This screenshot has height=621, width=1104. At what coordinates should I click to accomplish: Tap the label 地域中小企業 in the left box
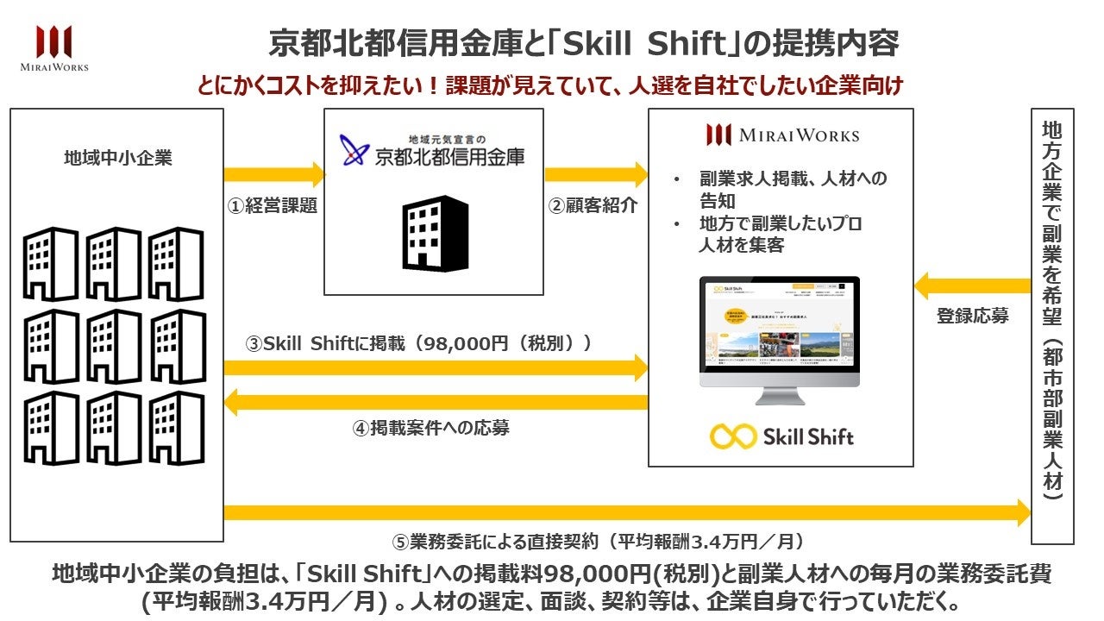pyautogui.click(x=117, y=158)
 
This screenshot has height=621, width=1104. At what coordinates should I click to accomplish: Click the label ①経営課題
pyautogui.click(x=272, y=206)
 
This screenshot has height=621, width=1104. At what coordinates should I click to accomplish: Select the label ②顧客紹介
pyautogui.click(x=595, y=206)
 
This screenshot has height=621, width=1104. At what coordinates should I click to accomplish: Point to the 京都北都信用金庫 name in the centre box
pyautogui.click(x=448, y=156)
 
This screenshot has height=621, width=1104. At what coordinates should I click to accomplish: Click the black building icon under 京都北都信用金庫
pyautogui.click(x=435, y=233)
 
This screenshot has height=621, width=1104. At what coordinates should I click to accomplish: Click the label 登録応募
pyautogui.click(x=973, y=316)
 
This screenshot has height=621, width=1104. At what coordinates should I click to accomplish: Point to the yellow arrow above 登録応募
pyautogui.click(x=973, y=285)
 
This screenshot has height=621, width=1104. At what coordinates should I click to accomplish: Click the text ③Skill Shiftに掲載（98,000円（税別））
pyautogui.click(x=419, y=343)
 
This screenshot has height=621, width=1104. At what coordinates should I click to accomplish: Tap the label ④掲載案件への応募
pyautogui.click(x=430, y=427)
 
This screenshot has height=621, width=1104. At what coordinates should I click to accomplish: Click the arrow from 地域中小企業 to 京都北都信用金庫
pyautogui.click(x=273, y=175)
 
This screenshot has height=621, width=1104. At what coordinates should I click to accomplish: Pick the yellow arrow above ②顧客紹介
pyautogui.click(x=595, y=175)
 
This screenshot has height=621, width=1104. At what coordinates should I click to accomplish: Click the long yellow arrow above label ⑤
pyautogui.click(x=626, y=513)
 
